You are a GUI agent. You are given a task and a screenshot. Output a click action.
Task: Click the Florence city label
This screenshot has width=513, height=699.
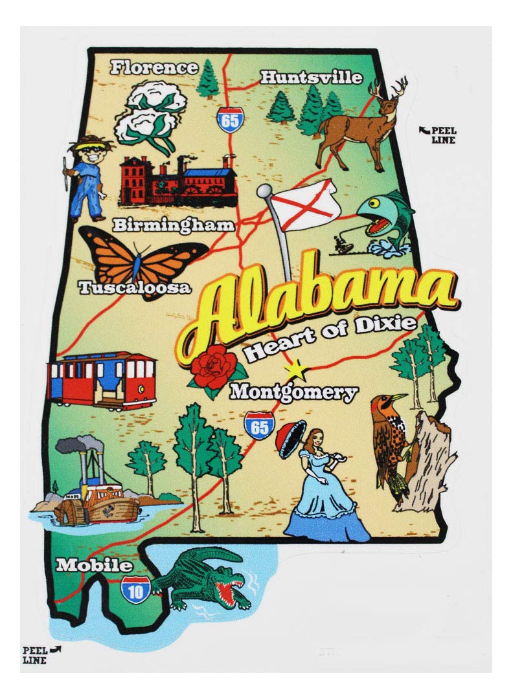[154, 67]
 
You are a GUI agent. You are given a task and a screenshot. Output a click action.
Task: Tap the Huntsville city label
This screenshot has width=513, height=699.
[311, 78]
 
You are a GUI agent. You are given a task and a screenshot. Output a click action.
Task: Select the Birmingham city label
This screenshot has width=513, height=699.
[173, 225]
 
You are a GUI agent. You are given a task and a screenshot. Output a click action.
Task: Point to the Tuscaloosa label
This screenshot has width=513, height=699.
[135, 287]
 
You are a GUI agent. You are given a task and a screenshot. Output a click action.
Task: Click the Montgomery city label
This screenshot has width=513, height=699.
[294, 392]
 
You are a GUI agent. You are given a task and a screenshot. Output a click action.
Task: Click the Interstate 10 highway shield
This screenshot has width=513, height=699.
[135, 588]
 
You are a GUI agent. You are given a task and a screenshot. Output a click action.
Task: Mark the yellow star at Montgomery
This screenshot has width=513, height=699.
[298, 371]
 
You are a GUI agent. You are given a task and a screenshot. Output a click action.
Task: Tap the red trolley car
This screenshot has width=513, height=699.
[102, 380]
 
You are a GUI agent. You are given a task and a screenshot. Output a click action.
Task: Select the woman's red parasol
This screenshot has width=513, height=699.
[288, 435]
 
